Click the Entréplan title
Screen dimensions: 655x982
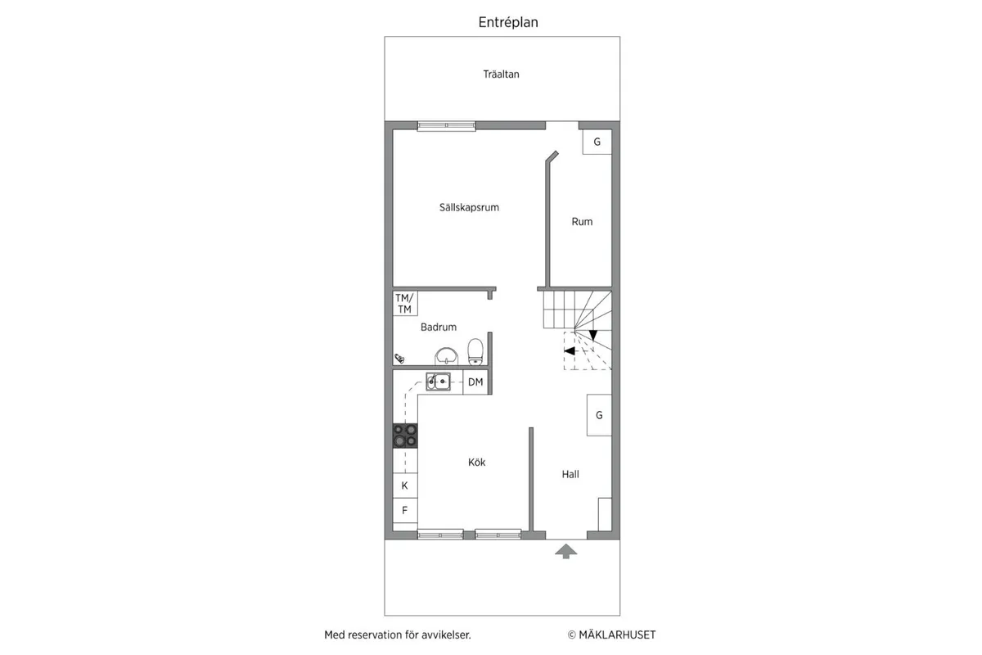pos(508,23)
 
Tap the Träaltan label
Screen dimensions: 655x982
pos(501,75)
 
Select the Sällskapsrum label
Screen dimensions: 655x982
pos(469,208)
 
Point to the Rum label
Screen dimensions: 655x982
pos(582,222)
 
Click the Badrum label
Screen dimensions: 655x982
pos(439,327)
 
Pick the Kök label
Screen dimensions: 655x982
pos(477,463)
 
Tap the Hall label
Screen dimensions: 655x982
pos(570,474)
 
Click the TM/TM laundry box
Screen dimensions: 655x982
pos(404,304)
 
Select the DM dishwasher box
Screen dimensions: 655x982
pos(475,382)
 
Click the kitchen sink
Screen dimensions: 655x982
pos(438,380)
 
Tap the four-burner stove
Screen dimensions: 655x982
pos(404,436)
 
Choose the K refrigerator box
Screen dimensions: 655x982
pos(404,486)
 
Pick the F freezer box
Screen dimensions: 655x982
pos(404,509)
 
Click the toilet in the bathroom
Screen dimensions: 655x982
pos(475,352)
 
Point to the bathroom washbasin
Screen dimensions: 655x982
pos(446,355)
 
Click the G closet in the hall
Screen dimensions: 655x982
pos(599,415)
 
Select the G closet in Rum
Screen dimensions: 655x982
pos(597,142)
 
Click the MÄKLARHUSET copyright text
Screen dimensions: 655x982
pos(612,635)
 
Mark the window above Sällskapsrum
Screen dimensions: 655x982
pos(447,126)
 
